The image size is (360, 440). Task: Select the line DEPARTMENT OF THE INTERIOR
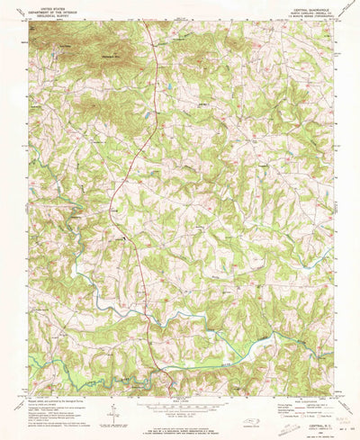pos(52,9)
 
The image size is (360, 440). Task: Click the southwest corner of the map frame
pos(29,393)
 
